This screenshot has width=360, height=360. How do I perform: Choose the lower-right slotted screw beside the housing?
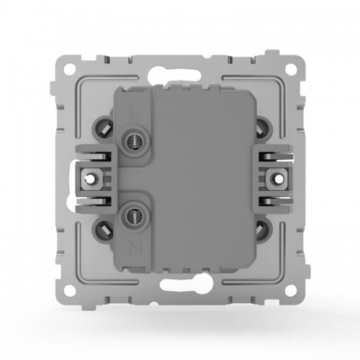click(261, 230)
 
